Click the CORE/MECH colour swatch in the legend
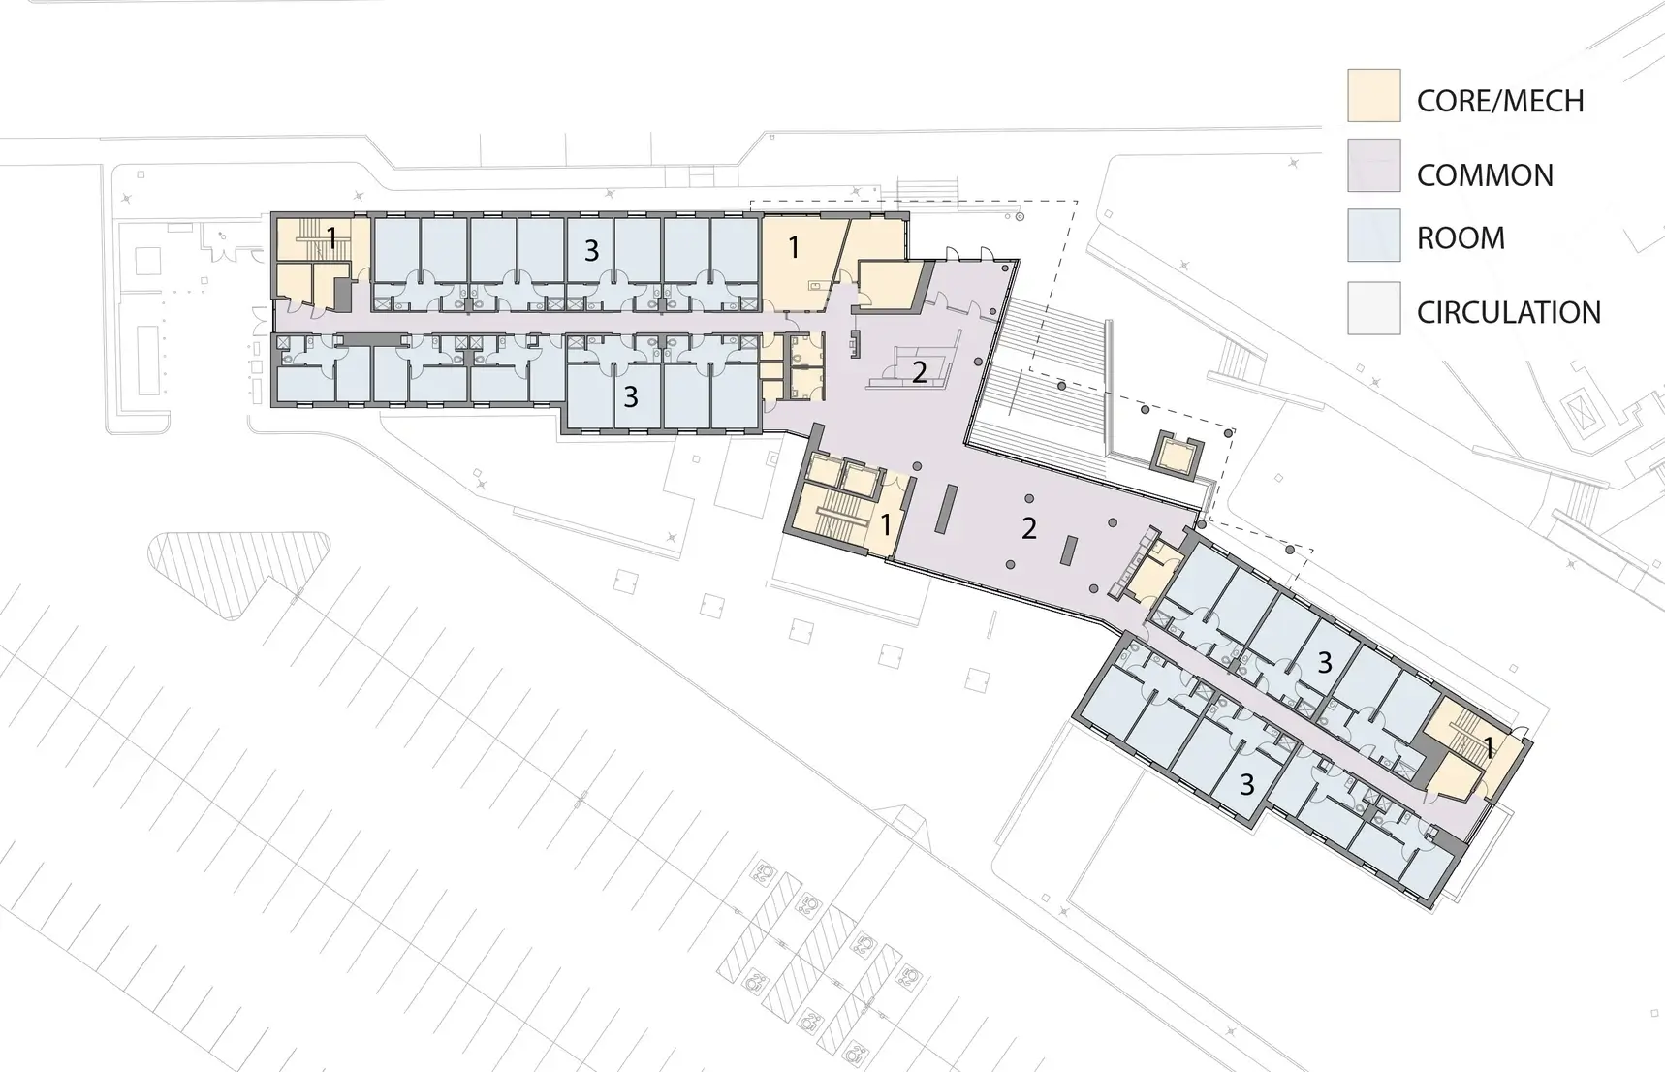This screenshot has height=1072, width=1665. point(1373,95)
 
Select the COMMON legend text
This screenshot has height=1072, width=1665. point(1485,175)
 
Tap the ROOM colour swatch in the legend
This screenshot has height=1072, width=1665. point(1373,236)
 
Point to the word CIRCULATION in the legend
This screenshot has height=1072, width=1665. point(1509,312)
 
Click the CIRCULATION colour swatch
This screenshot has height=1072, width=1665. point(1373,308)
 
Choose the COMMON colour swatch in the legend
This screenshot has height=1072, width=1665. point(1373,165)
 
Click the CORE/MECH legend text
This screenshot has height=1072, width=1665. point(1500,101)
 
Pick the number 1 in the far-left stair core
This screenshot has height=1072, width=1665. point(331,237)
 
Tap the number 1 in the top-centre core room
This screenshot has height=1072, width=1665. point(794,247)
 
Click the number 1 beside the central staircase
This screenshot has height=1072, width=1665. point(886,525)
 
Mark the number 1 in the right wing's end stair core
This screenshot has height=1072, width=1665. point(1490,747)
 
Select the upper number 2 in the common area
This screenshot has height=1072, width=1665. point(919,371)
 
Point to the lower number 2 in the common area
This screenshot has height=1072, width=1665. point(1029,528)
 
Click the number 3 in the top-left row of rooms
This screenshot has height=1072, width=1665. point(591,251)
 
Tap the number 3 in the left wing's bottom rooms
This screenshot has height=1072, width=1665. point(631,396)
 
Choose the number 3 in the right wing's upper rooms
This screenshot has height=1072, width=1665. point(1325,663)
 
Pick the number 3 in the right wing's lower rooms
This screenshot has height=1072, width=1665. point(1247,784)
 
